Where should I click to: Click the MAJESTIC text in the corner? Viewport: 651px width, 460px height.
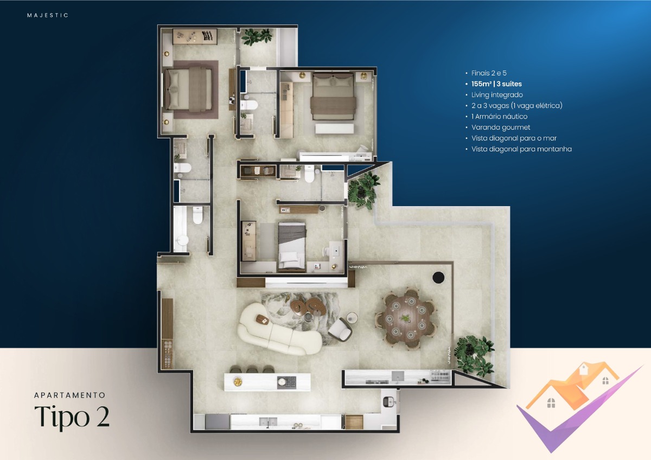coord(48,15)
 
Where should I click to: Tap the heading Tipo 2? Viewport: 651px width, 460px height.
coord(72,417)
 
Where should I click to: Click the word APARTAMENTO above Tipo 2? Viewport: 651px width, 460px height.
coord(69,395)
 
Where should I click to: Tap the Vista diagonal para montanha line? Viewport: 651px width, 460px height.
coord(521,149)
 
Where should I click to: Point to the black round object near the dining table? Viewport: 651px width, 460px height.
coord(438,277)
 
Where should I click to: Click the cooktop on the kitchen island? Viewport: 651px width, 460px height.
coord(286,381)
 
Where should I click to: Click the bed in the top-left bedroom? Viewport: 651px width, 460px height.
coord(187,90)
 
